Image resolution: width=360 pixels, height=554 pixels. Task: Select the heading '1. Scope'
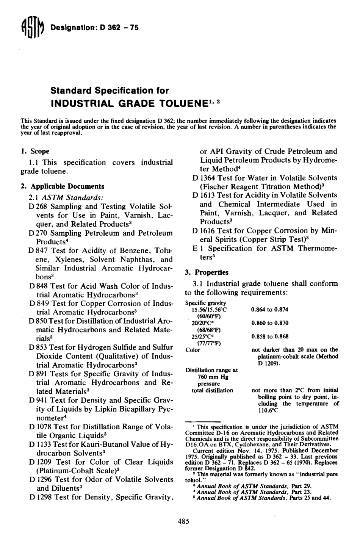point(35,152)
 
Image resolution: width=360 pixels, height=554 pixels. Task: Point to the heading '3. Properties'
point(207,272)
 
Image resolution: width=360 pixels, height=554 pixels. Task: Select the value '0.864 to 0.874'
point(269,310)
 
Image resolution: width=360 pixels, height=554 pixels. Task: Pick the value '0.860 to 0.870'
point(269,323)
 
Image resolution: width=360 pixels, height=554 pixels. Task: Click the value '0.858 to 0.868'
point(269,336)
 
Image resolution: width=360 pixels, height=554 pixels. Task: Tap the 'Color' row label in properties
point(193,350)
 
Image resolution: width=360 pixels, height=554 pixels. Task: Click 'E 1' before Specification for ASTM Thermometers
point(198,249)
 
